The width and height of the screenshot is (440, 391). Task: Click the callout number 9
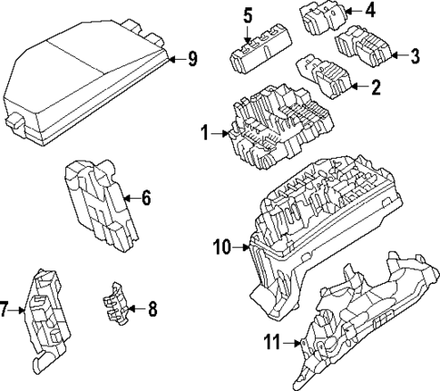coord(191,60)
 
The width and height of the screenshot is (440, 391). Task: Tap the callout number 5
coord(248,15)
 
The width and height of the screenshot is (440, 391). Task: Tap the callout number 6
coord(145,197)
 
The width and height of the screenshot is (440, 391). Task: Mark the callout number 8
coord(152,309)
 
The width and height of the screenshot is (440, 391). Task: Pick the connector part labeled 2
coord(323,76)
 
